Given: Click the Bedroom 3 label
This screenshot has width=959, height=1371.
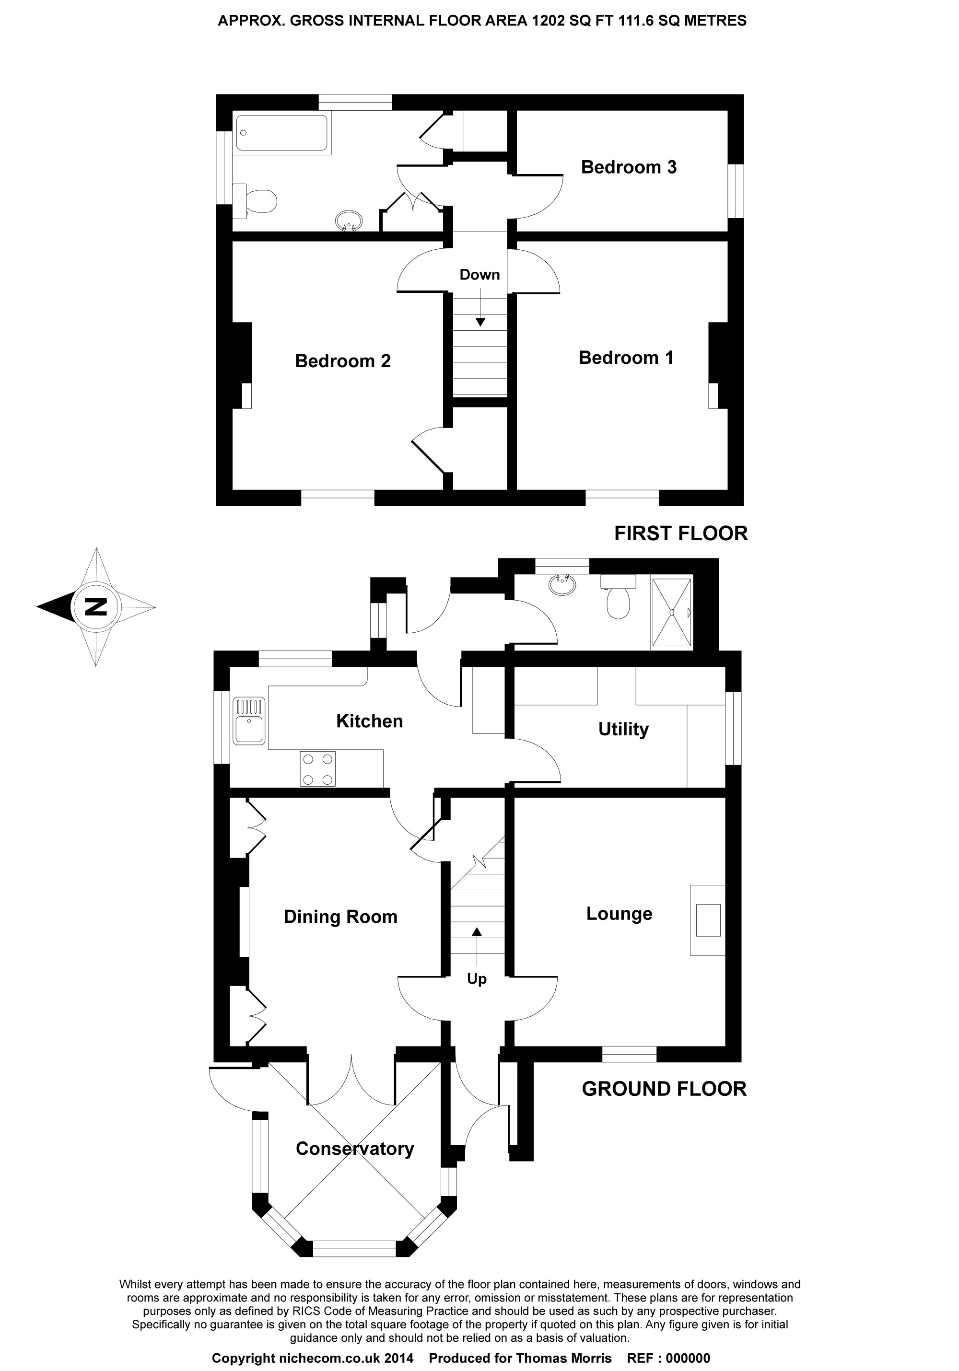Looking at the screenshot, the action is [x=628, y=167].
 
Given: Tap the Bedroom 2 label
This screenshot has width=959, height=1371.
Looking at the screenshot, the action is [x=343, y=361].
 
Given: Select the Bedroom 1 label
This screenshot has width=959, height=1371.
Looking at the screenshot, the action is [x=626, y=358].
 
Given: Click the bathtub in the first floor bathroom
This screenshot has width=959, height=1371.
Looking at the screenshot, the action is [x=282, y=133].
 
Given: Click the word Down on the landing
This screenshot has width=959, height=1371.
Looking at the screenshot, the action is [x=479, y=275].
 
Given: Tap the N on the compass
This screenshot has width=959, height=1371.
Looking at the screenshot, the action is [x=96, y=607].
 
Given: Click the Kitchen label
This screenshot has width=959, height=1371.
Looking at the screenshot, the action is [x=369, y=721].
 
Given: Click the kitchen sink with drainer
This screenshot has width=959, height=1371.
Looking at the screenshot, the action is [x=249, y=720].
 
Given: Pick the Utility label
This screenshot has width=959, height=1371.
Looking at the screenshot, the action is [x=623, y=729].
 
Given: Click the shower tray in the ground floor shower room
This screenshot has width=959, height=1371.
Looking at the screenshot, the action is [x=672, y=612].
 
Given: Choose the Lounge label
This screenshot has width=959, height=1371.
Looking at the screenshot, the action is [x=619, y=914].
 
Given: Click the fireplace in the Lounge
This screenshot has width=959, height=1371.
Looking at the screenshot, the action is [x=708, y=920].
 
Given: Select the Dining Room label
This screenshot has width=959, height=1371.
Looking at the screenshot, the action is [x=340, y=917].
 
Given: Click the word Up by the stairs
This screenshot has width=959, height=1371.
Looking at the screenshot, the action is [x=477, y=979].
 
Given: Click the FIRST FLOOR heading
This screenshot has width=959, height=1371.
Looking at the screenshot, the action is [x=681, y=533].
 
